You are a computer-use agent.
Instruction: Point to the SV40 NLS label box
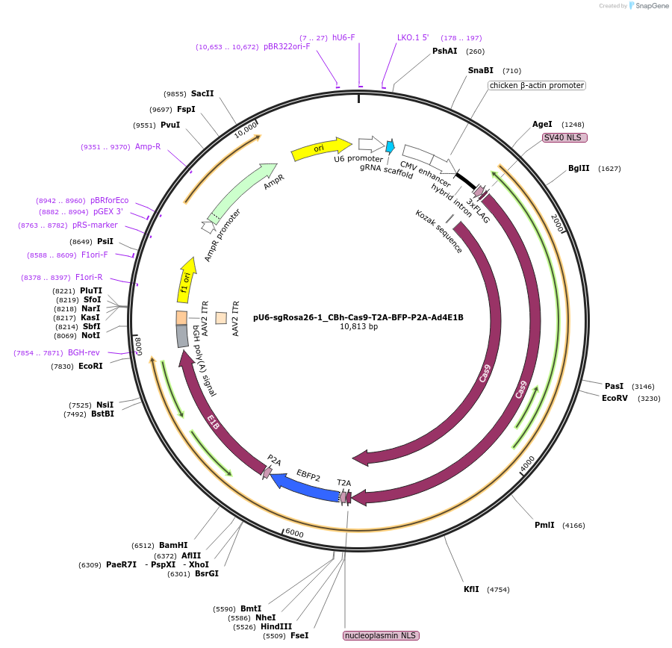coord(565,137)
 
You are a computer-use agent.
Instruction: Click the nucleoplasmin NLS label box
coord(381,635)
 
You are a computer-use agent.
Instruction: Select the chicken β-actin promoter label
coord(537,85)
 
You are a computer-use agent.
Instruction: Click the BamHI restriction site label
coord(173,545)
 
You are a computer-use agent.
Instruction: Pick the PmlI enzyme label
coord(544,525)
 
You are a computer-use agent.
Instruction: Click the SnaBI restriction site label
coord(480,70)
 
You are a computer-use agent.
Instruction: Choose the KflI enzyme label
coord(471,589)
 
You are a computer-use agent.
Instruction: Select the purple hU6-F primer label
coord(343,37)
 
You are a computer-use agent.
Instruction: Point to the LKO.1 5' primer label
coord(413,37)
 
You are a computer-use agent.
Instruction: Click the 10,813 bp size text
coord(358,326)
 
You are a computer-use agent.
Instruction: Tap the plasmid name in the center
coord(358,317)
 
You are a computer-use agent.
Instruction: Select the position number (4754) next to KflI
coord(498,590)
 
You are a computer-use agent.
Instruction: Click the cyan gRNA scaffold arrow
coord(390,146)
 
